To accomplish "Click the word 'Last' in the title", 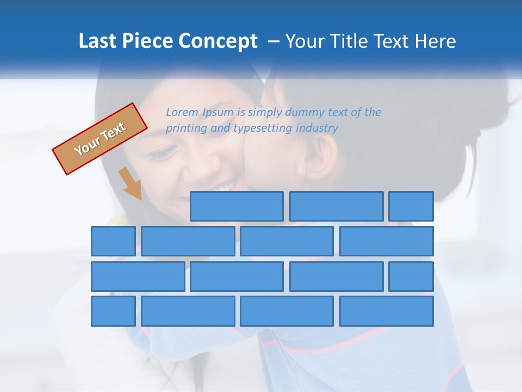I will [x=97, y=41].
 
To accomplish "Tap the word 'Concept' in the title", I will [x=220, y=41].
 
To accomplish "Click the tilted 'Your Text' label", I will [x=100, y=139].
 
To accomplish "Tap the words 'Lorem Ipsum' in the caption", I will [x=200, y=112].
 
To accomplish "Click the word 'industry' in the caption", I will [x=317, y=128].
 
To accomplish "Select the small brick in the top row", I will [x=411, y=206].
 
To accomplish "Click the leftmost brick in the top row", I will [x=237, y=206].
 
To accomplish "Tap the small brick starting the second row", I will [x=113, y=241].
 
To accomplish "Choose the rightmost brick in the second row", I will [x=387, y=241].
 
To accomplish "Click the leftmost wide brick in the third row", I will [x=138, y=277].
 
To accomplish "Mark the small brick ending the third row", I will [x=411, y=277].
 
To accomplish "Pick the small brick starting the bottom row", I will [x=113, y=311].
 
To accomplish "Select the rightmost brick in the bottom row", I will [x=387, y=311].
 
